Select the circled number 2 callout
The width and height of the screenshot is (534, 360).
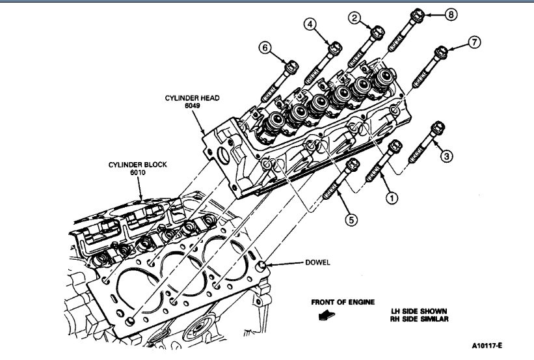point(355,18)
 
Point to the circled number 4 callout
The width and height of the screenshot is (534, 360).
point(311,25)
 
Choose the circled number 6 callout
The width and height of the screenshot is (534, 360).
point(265,48)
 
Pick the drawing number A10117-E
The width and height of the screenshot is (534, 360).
point(492,346)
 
